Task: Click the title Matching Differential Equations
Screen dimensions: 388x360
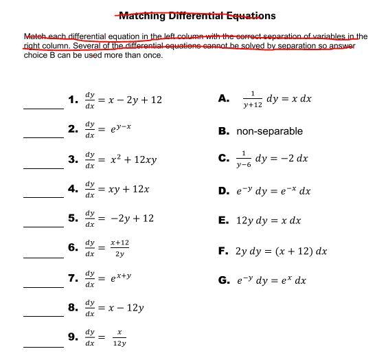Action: click(x=194, y=15)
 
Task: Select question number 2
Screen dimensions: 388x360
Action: click(x=73, y=128)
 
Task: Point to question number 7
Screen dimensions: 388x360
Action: click(x=73, y=278)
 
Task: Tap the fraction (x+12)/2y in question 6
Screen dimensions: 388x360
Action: click(x=119, y=249)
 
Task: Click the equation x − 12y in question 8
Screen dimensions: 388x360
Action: click(x=128, y=308)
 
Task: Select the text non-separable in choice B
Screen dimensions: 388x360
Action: click(x=269, y=131)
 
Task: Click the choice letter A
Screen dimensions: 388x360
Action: click(x=223, y=99)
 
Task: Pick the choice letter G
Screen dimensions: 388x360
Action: click(x=223, y=280)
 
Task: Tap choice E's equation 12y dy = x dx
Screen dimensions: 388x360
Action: click(x=269, y=221)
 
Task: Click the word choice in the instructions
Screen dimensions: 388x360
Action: click(x=34, y=55)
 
